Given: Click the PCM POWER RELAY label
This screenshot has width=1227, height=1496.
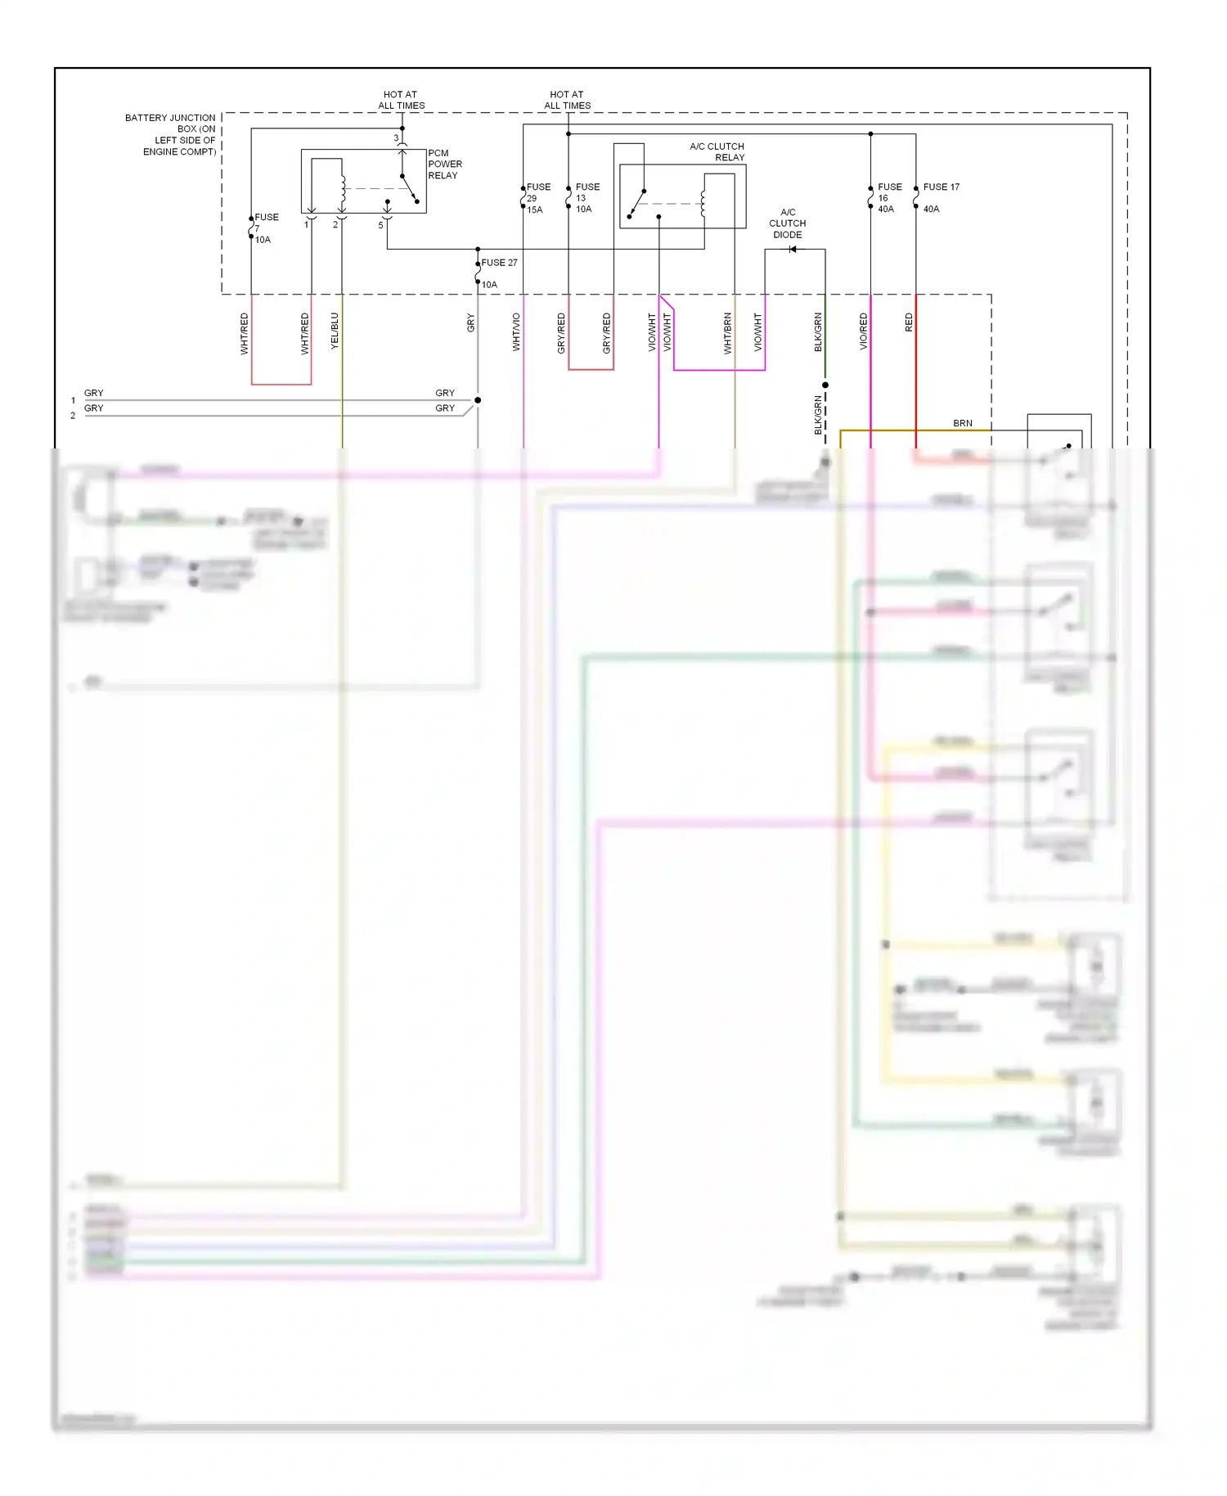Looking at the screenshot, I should (444, 164).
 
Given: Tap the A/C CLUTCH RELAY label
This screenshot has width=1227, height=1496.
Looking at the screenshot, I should (717, 152).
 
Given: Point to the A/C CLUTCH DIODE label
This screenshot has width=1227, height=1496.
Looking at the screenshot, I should (787, 223).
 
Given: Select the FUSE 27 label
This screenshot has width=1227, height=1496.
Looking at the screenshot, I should (499, 263).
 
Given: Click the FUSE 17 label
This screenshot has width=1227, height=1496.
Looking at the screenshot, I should (941, 187).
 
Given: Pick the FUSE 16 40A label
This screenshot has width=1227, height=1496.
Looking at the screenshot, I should (888, 198).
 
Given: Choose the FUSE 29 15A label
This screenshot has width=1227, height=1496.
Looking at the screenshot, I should (537, 198).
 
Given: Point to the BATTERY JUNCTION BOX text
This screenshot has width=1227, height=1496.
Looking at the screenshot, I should (171, 135).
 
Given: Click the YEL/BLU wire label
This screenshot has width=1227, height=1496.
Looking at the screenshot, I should (335, 331).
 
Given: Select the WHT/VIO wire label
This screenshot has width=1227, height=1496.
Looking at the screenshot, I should (516, 332).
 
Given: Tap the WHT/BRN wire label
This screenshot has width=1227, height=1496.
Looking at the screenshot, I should (727, 333).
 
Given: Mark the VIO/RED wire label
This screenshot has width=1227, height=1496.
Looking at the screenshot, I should (864, 332).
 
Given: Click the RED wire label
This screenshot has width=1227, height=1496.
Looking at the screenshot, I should (909, 322).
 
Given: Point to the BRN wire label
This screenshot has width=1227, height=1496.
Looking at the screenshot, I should (963, 423).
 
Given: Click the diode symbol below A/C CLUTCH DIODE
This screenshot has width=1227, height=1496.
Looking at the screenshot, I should (792, 250).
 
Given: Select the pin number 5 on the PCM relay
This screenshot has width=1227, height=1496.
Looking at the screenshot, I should (380, 225).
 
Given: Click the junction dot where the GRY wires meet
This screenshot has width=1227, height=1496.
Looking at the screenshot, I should (478, 400).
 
